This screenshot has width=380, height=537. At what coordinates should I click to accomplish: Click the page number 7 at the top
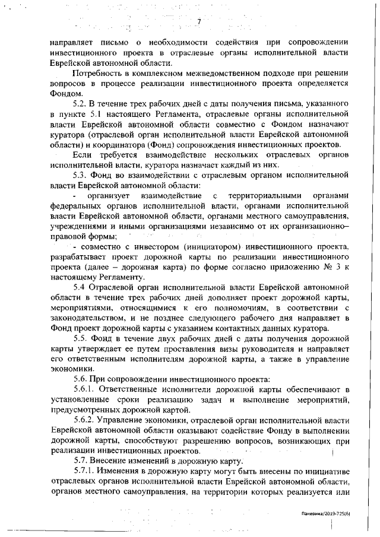199,22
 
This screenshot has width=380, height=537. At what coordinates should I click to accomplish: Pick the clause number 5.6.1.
85,389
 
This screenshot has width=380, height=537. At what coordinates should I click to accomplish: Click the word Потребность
100,73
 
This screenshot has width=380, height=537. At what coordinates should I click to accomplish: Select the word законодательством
85,319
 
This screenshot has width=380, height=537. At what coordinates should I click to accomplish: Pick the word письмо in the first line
107,43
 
